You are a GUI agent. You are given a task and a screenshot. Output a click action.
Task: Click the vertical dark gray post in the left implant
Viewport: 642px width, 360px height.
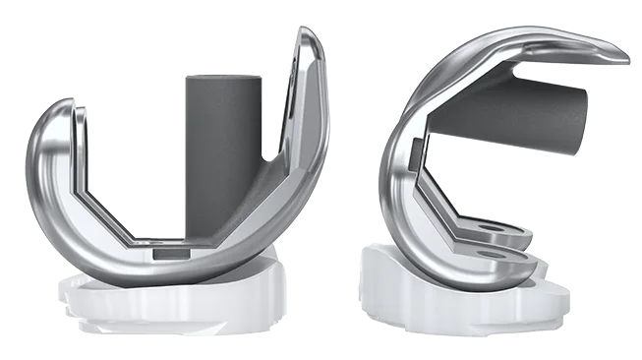(221, 148)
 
